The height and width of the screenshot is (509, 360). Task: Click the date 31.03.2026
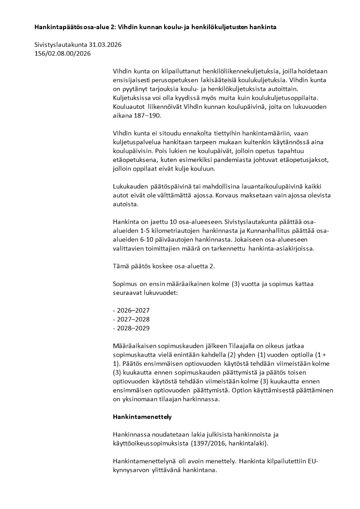(106, 45)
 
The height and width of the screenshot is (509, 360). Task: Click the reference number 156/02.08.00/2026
(63, 53)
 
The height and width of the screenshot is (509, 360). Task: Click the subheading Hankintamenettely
(142, 416)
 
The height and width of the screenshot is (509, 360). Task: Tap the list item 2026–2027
(131, 310)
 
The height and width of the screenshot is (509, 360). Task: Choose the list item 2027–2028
(131, 319)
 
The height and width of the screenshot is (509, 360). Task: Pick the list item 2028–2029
(131, 328)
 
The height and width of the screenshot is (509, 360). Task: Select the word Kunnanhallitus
(266, 231)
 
